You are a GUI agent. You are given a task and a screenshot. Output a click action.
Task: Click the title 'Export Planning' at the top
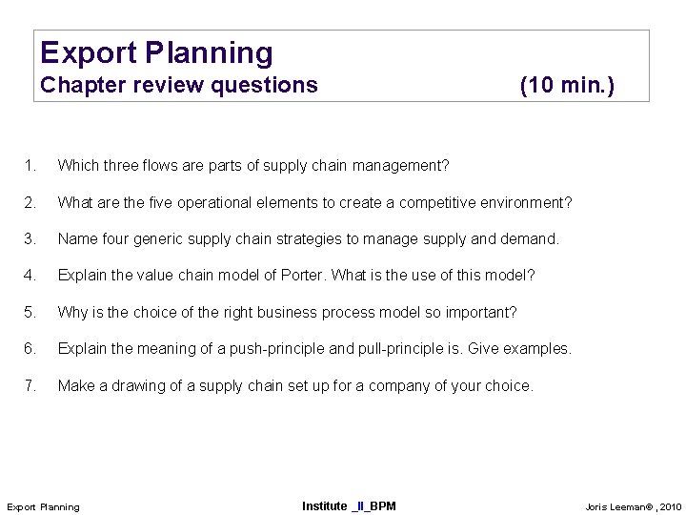(x=156, y=52)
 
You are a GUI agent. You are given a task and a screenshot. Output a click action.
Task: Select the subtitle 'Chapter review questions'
(x=179, y=86)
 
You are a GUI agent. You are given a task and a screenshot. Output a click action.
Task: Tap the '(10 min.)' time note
(x=567, y=86)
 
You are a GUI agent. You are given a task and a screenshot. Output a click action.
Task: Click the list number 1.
(x=31, y=167)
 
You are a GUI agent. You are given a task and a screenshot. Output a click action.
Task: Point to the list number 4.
(x=31, y=276)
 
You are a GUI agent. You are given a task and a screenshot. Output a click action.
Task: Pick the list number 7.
(x=31, y=386)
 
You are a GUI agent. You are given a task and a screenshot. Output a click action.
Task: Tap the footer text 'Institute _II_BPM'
(x=349, y=505)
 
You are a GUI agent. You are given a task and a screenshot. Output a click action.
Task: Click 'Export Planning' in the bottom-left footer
(x=44, y=505)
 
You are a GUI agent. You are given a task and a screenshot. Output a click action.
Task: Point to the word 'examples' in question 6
(x=538, y=349)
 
